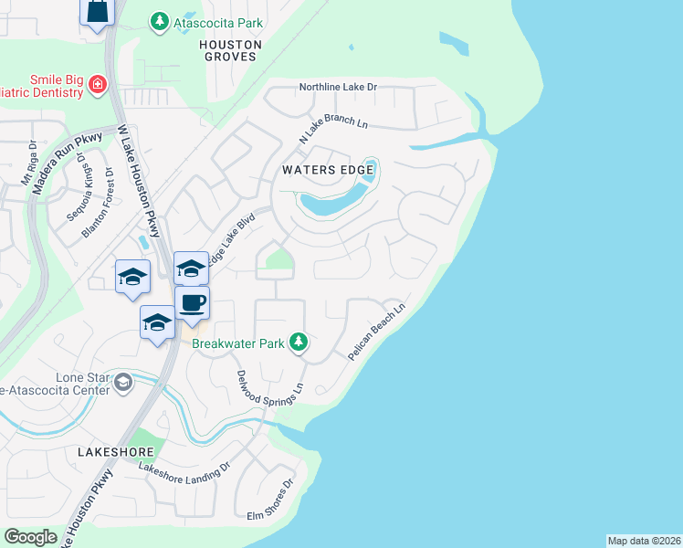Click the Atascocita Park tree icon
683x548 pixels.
(x=160, y=20)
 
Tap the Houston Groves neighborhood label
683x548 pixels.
(x=230, y=50)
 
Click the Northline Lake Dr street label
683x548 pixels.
(x=338, y=88)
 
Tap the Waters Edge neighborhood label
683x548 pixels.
(x=328, y=170)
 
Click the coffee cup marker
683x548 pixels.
(x=192, y=303)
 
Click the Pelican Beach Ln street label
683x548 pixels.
(x=375, y=327)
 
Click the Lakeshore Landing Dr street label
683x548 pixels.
(x=184, y=470)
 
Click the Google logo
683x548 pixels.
(x=30, y=537)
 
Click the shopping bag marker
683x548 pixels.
(x=98, y=13)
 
